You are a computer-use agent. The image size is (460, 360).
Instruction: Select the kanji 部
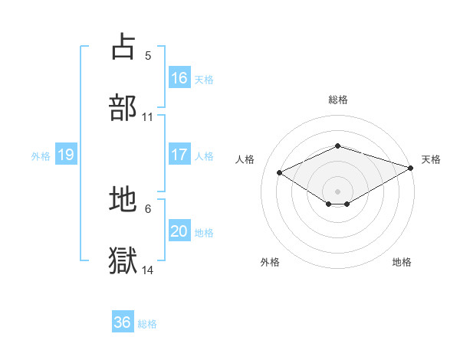(123, 108)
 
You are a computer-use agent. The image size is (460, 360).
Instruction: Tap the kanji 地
(123, 200)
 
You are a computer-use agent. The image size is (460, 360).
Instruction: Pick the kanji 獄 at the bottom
(123, 261)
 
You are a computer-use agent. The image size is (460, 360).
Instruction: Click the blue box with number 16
(179, 78)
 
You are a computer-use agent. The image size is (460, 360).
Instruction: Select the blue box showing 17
(179, 155)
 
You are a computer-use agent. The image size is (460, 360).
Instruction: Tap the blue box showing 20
(179, 231)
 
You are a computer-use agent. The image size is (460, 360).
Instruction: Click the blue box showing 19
(66, 155)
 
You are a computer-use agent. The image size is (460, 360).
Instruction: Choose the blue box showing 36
(123, 322)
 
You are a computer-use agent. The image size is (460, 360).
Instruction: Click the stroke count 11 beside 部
(148, 117)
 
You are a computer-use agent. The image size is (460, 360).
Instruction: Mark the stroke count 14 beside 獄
(148, 270)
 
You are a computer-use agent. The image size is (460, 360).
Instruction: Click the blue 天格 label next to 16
(204, 79)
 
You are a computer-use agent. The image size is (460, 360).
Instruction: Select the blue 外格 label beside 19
(41, 155)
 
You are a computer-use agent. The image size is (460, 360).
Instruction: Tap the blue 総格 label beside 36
(147, 323)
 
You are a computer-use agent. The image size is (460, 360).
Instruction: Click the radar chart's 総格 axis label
(337, 100)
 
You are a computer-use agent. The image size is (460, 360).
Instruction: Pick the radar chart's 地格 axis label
(402, 262)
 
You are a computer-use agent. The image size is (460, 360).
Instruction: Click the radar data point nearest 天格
(411, 168)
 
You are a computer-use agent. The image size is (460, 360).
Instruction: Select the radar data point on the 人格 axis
(280, 172)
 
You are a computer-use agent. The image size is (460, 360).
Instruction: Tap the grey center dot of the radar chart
(337, 191)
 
